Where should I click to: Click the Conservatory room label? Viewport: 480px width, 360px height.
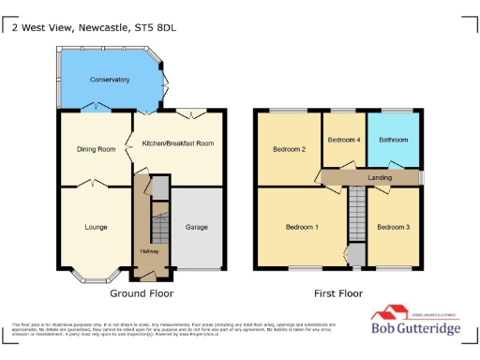110,81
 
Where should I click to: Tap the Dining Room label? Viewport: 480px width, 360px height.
96,149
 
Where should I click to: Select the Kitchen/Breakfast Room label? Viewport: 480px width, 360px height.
177,142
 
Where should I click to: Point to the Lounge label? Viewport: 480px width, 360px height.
96,227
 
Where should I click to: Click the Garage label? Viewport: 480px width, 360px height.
197,227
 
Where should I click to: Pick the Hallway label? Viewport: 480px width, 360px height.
148,251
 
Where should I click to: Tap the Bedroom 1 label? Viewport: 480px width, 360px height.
303,227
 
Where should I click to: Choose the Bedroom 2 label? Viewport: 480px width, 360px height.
289,149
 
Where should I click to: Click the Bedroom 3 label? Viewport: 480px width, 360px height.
393,227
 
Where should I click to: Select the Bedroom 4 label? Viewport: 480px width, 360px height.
344,140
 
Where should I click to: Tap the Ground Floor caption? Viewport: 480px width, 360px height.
142,293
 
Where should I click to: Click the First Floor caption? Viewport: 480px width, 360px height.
338,293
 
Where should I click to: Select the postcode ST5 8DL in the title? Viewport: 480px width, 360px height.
155,27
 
